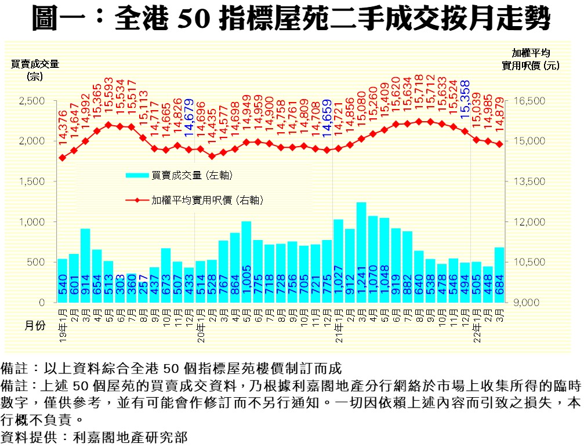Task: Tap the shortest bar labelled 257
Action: [143, 292]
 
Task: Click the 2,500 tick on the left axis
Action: [32, 101]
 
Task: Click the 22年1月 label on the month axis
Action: [476, 321]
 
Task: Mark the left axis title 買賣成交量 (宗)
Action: [35, 70]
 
